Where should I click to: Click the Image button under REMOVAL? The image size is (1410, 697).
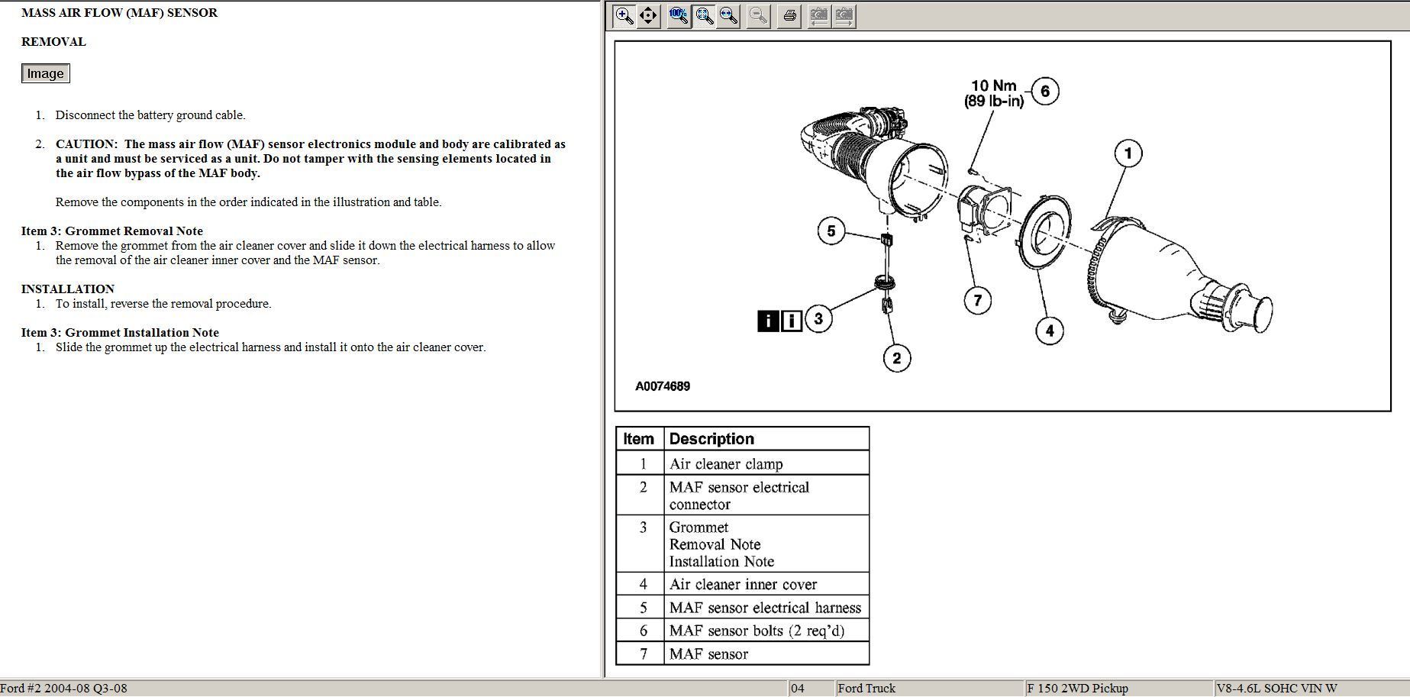[x=46, y=73]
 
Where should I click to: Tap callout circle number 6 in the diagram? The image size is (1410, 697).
[x=1045, y=92]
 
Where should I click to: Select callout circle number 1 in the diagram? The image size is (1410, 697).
[x=1128, y=153]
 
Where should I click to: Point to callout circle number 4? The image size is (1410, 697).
[x=1050, y=331]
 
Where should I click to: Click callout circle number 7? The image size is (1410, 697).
[x=978, y=300]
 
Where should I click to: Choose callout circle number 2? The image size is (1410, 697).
[x=897, y=358]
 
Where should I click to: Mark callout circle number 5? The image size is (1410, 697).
[x=831, y=231]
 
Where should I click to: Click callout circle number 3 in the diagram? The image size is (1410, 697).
[x=818, y=318]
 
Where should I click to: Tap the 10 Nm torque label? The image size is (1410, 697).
[x=993, y=86]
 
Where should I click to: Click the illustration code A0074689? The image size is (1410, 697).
[x=663, y=386]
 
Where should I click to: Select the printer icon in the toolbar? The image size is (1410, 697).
[x=789, y=15]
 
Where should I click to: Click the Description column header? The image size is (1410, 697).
[x=711, y=439]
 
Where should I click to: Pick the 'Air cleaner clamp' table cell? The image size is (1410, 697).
[x=726, y=464]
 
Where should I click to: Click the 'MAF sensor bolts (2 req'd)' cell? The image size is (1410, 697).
[x=757, y=631]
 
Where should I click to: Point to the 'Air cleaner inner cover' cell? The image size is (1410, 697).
[x=743, y=585]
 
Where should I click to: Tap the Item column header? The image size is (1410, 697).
[x=638, y=439]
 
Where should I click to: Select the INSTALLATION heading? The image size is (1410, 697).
[x=68, y=289]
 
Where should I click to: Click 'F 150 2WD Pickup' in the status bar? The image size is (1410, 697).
[x=1077, y=688]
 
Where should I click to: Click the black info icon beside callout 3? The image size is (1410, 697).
[x=767, y=321]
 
